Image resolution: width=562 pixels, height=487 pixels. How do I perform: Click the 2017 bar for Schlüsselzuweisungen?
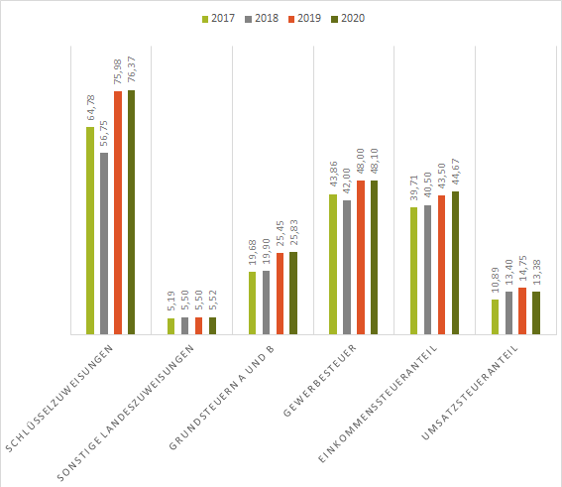pos(90,230)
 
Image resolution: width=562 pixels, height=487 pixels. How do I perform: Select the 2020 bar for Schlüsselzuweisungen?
pos(131,212)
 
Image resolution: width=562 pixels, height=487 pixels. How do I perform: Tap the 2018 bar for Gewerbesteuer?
pos(347,267)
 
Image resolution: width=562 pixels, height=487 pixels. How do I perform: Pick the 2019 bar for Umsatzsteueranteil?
pos(522,310)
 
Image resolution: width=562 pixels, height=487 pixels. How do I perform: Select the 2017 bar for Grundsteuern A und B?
pos(253,303)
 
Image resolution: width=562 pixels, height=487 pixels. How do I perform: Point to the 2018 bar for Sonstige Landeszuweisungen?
pos(184,325)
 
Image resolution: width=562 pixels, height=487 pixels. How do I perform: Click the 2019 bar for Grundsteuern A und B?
pos(280,293)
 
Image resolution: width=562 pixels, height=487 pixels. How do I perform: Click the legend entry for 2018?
pos(261,18)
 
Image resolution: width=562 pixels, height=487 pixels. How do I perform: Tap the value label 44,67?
pos(455,173)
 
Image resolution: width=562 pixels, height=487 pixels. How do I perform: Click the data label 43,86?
pos(334,176)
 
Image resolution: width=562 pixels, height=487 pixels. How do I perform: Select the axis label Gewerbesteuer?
pos(322,383)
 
